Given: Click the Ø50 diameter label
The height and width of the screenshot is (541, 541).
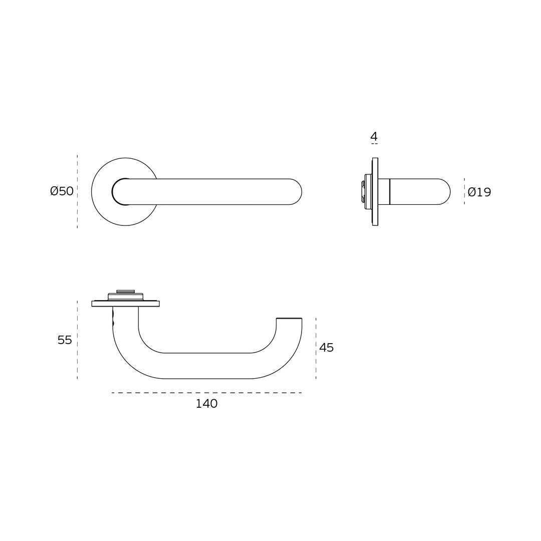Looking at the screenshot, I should click(x=62, y=191).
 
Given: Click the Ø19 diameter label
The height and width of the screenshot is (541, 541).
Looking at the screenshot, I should click(x=479, y=192).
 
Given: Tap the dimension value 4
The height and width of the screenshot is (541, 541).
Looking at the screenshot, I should click(x=374, y=136).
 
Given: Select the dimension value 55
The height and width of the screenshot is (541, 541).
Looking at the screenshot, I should click(x=65, y=340).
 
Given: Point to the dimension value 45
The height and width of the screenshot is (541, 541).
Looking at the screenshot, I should click(x=326, y=348).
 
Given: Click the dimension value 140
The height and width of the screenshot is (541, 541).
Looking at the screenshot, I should click(x=206, y=404).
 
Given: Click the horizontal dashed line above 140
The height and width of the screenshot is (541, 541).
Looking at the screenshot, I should click(x=206, y=393).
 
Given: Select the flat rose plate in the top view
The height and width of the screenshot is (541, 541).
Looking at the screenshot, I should click(x=125, y=304).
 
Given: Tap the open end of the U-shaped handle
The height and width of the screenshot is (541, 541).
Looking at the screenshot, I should click(x=289, y=319).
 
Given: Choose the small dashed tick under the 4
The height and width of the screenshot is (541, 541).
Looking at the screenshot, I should click(x=374, y=144).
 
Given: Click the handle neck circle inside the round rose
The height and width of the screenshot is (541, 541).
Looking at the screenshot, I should click(x=120, y=192).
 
